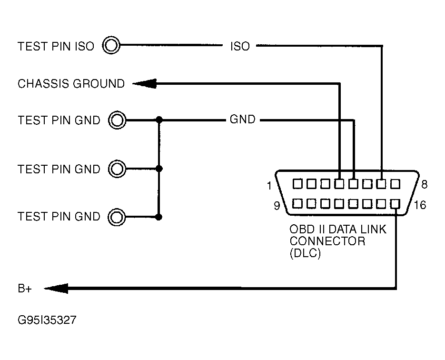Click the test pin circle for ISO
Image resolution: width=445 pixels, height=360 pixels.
[x=112, y=46]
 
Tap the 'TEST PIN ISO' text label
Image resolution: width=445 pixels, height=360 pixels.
[x=56, y=46]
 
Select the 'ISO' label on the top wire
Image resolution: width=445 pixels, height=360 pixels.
[x=240, y=46]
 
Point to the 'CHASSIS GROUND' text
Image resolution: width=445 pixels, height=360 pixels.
[x=71, y=84]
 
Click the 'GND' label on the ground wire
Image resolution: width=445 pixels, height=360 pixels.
[x=242, y=120]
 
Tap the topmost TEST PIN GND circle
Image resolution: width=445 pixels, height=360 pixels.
[x=117, y=120]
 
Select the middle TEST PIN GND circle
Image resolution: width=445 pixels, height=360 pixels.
[x=117, y=169]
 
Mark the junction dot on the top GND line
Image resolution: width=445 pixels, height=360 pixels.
[x=159, y=120]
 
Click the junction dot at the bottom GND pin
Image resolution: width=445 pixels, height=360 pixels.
[x=159, y=217]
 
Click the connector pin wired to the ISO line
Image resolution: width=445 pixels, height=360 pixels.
[x=381, y=183]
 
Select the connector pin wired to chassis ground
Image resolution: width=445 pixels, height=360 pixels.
[x=339, y=183]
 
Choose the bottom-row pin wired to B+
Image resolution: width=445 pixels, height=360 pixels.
[x=395, y=204]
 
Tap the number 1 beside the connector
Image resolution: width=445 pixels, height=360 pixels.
[x=269, y=186]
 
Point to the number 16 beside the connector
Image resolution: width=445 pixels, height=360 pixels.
[x=420, y=205]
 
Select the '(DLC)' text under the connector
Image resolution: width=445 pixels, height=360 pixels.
[x=305, y=253]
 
